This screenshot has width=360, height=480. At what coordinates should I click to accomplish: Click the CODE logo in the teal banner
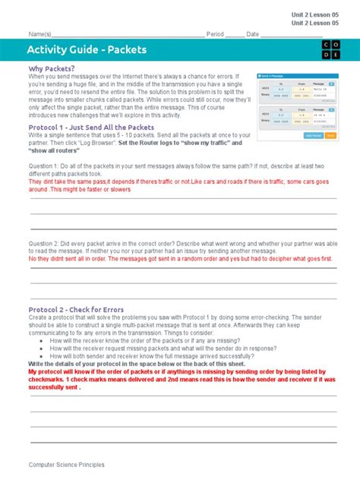(x=326, y=50)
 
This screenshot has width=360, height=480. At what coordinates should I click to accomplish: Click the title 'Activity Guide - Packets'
(x=87, y=50)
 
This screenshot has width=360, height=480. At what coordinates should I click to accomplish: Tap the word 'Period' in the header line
(x=215, y=34)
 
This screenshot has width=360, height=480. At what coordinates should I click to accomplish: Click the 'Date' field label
(x=253, y=34)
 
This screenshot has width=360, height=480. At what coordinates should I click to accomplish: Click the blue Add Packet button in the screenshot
(x=312, y=135)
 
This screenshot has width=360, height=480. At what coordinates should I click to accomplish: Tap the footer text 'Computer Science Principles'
(x=67, y=464)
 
